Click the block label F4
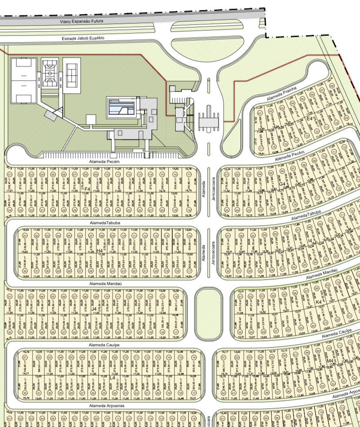tap(87, 189)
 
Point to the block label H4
tap(100, 251)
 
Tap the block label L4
tap(113, 377)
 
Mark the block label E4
tap(309, 118)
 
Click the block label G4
tap(282, 184)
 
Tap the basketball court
tap(50, 74)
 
